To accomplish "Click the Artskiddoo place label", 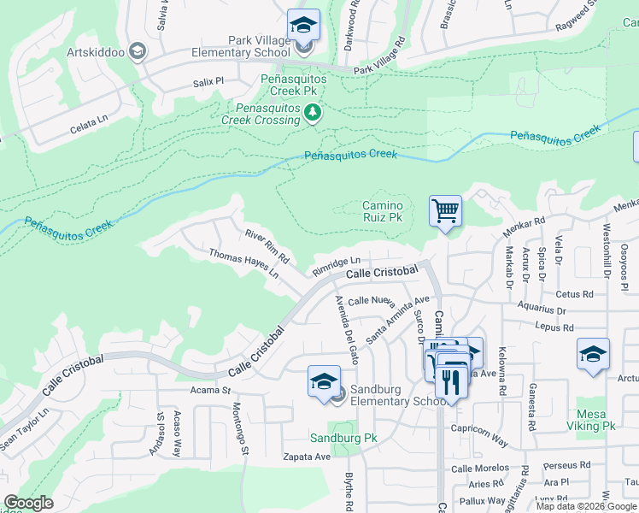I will pos(96,52).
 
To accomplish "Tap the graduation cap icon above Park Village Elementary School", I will pos(302,25).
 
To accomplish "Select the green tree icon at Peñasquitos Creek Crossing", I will pos(314,113).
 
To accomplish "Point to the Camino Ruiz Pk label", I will pos(382,211).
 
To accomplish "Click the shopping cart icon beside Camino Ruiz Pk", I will pos(445,209).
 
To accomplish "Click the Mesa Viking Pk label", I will pos(596,418).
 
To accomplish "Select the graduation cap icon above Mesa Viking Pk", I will pos(593,354).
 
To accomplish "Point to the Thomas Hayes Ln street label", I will pos(244,263).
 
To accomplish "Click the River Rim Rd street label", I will pos(267,245).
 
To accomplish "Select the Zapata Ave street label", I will pos(308,457).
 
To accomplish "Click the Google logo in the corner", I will pos(29,503).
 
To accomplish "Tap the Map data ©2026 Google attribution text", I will pos(586,506).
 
